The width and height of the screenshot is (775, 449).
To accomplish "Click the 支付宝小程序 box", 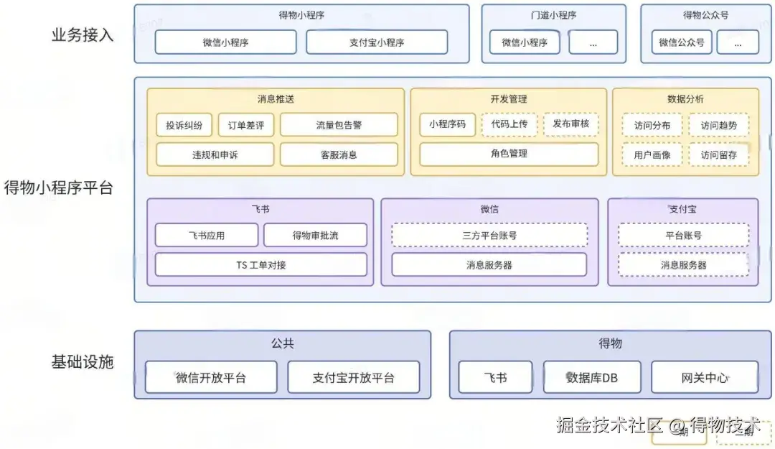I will [377, 42].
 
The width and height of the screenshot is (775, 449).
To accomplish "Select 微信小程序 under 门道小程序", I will [525, 42].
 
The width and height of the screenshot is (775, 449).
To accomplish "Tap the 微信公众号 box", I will [682, 42].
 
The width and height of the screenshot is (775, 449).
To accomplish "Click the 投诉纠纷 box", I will [184, 125].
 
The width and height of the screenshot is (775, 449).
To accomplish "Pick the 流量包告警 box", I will [339, 125].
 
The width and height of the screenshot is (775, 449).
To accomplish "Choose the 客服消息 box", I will [339, 154].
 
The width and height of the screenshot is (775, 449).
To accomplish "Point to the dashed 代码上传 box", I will [509, 124].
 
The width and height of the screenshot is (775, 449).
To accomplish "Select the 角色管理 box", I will [509, 154].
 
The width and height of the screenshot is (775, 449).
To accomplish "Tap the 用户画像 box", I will [652, 154].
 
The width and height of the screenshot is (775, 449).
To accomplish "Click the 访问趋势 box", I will [718, 125].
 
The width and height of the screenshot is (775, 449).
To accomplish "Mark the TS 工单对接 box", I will [261, 265].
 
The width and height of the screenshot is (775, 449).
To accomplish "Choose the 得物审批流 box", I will [315, 236].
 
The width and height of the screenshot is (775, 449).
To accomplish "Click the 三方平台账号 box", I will [489, 236].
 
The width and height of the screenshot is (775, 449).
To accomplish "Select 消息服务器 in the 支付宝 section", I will [683, 265].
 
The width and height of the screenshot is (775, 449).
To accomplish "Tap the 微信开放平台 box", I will [211, 377].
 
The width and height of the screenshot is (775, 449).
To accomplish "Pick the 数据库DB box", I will [591, 377].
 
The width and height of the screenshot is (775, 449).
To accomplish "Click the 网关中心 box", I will [704, 377].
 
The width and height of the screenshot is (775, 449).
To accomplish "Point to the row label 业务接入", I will [83, 35].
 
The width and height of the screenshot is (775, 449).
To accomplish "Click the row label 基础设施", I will [83, 362].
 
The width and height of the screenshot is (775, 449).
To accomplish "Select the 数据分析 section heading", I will [685, 99].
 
